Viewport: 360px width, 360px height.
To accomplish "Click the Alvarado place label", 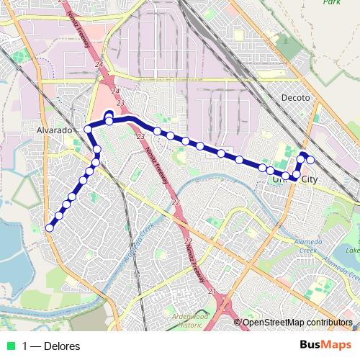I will pyautogui.click(x=55, y=131).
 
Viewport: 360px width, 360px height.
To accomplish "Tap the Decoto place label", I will pyautogui.click(x=295, y=97).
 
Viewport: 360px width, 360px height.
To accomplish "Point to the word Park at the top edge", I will pyautogui.click(x=331, y=2).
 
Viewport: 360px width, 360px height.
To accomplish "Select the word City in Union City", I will pyautogui.click(x=308, y=179).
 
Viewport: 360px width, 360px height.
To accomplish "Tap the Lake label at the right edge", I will pyautogui.click(x=352, y=251).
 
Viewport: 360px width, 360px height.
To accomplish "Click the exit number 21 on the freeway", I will pyautogui.click(x=212, y=291).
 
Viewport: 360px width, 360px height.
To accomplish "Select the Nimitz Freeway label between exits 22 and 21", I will pyautogui.click(x=193, y=263).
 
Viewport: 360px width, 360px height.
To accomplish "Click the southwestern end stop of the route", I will pyautogui.click(x=49, y=228).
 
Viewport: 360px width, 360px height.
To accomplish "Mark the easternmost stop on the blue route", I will pyautogui.click(x=311, y=160).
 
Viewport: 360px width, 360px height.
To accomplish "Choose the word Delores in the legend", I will pyautogui.click(x=62, y=346).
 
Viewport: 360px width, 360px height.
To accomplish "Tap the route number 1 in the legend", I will pyautogui.click(x=26, y=346).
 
